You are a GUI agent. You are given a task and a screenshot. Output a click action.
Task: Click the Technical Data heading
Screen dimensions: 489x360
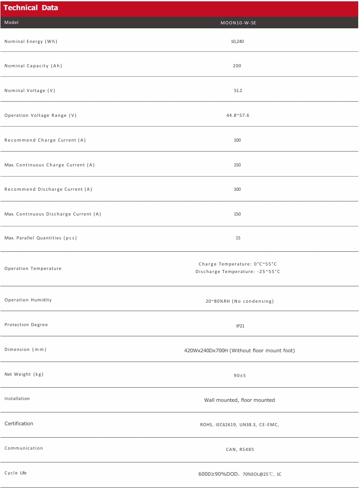(31, 8)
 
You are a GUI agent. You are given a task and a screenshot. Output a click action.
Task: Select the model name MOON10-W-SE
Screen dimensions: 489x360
(238, 23)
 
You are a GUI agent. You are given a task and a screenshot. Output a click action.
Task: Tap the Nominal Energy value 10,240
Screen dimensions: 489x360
(237, 41)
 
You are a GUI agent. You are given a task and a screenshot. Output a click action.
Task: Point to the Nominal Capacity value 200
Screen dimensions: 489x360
(237, 65)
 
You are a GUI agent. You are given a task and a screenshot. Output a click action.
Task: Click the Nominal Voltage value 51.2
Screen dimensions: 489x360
(238, 90)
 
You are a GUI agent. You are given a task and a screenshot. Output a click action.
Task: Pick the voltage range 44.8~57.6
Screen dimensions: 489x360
(238, 115)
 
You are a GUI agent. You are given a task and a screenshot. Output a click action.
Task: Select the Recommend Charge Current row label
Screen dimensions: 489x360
(45, 140)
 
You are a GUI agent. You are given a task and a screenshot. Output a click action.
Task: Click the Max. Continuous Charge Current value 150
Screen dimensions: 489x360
(237, 165)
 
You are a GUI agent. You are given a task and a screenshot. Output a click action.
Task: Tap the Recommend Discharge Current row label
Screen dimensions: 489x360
(48, 189)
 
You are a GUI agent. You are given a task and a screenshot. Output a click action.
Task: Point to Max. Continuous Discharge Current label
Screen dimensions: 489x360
(53, 214)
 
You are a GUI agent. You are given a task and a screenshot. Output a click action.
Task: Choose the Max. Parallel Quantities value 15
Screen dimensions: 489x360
(238, 238)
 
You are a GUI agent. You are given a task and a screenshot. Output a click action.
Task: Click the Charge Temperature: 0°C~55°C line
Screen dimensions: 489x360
(238, 264)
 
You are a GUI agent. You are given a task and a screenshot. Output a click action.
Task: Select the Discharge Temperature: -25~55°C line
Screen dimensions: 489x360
(238, 271)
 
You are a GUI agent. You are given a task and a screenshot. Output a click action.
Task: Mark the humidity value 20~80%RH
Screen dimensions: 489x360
(240, 301)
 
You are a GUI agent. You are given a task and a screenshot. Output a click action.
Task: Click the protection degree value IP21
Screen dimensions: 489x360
(240, 326)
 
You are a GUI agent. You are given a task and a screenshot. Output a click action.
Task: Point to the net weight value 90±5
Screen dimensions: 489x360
(240, 375)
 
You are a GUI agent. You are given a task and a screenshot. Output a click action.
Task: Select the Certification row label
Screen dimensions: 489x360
(19, 424)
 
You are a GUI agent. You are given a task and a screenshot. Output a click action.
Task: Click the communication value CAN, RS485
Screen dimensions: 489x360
(240, 449)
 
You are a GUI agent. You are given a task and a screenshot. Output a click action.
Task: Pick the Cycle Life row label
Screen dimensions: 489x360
(15, 473)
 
